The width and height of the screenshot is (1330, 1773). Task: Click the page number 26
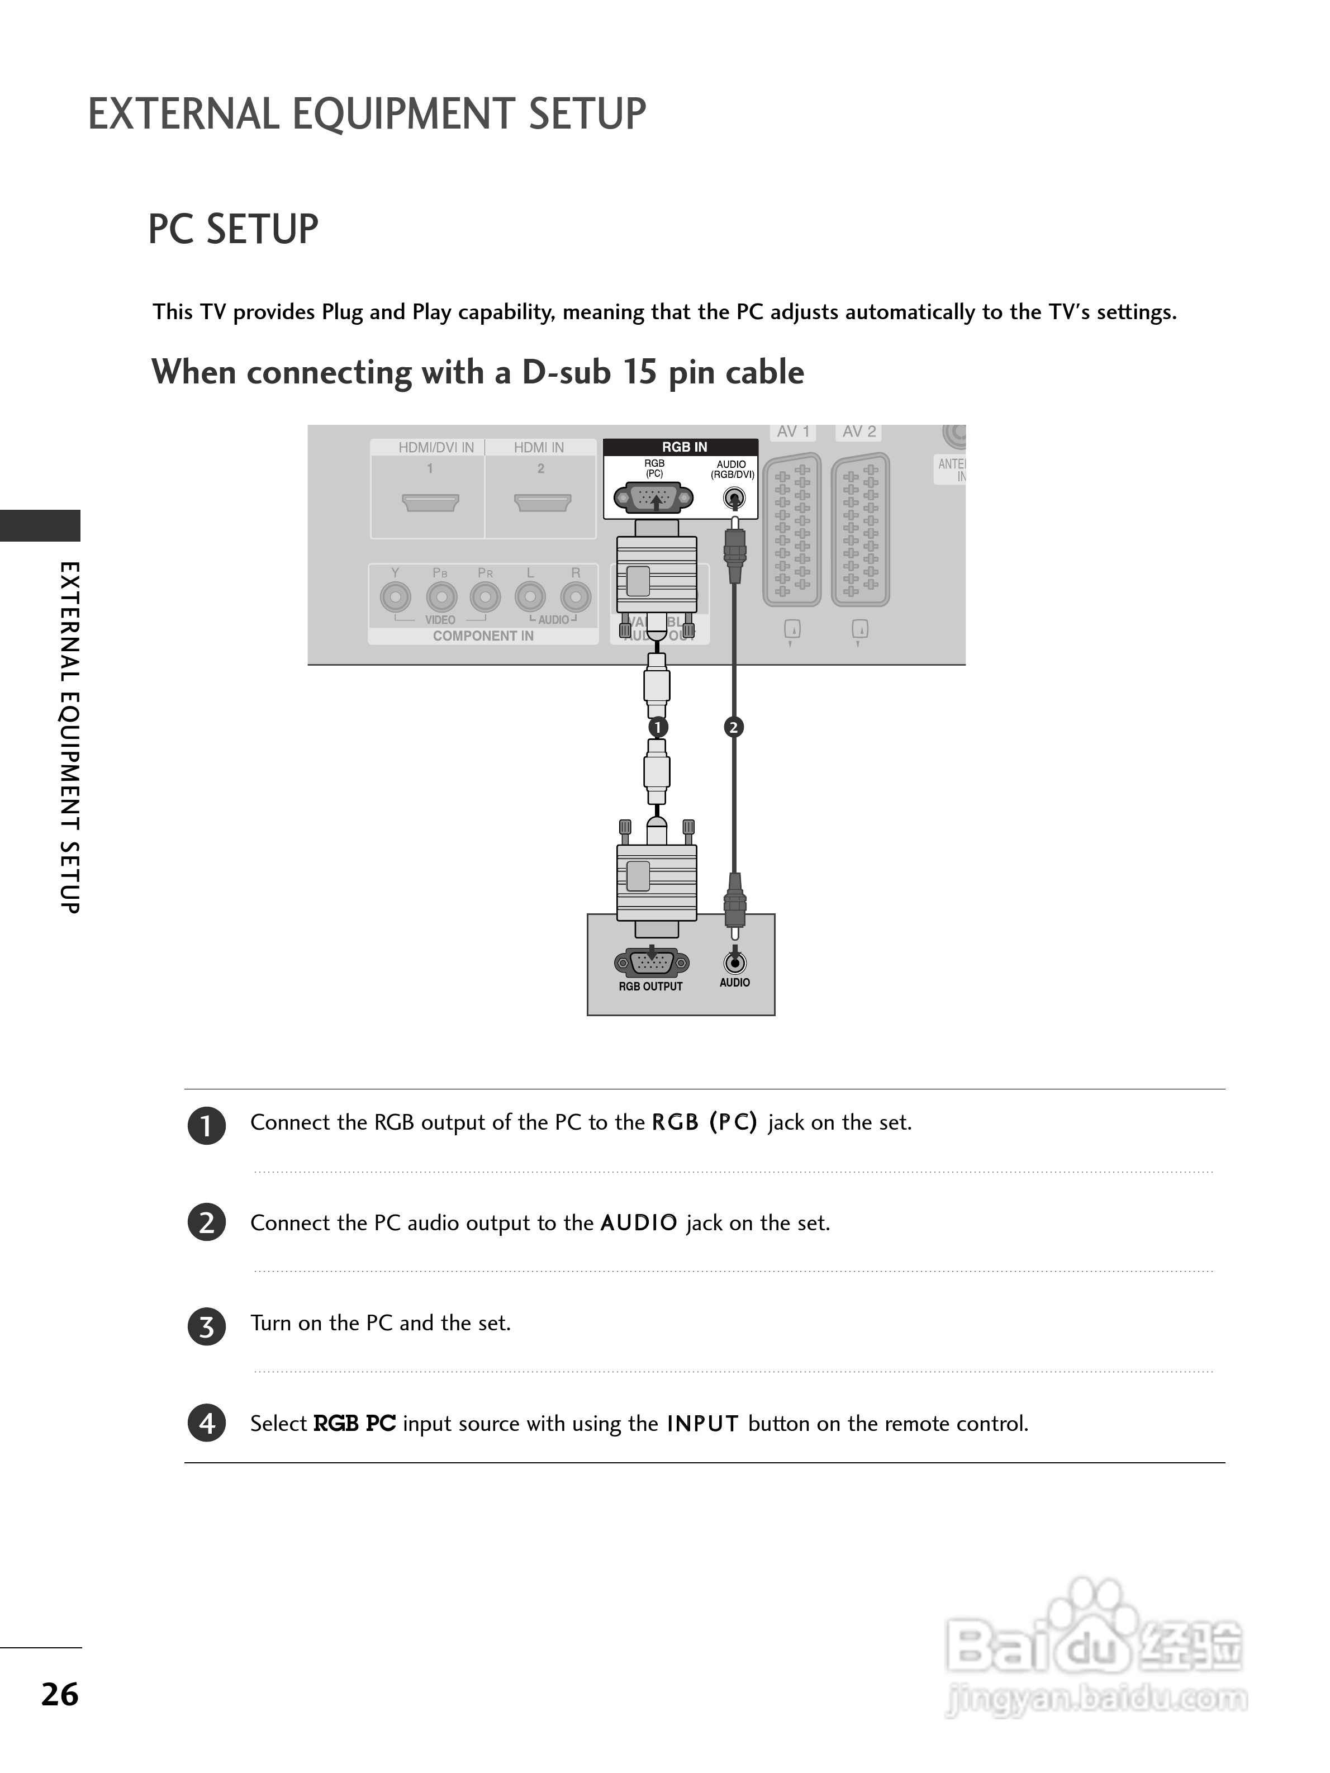60,1694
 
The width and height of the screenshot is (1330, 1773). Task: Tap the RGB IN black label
683,447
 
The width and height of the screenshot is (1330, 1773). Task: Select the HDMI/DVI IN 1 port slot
430,502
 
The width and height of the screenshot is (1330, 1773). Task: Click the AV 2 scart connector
859,529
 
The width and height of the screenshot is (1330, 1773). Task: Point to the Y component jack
395,597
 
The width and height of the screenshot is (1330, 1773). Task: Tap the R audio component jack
575,597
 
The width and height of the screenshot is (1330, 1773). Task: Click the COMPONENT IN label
483,636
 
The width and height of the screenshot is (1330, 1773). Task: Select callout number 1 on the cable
657,727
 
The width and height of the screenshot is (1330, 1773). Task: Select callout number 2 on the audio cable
733,727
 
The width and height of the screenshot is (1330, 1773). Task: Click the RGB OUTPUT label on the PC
650,987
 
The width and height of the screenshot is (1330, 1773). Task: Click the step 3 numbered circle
207,1326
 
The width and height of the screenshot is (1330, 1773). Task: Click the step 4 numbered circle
207,1424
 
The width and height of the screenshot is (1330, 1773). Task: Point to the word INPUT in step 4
702,1424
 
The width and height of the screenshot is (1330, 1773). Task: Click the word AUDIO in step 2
639,1223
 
